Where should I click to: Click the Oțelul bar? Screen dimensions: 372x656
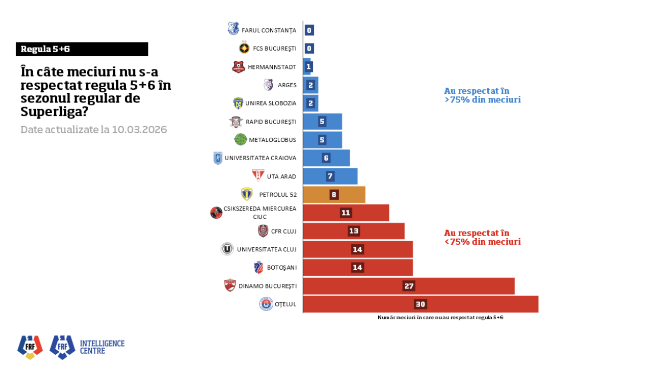pyautogui.click(x=420, y=304)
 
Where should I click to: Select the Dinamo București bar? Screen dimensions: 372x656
pyautogui.click(x=409, y=286)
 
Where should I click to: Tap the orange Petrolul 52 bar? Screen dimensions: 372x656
pyautogui.click(x=334, y=195)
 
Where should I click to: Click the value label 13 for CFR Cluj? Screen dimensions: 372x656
pyautogui.click(x=354, y=231)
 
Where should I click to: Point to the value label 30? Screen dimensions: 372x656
pyautogui.click(x=420, y=304)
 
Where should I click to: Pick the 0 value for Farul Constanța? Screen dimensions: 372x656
pyautogui.click(x=309, y=30)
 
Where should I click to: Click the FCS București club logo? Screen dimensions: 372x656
pyautogui.click(x=244, y=48)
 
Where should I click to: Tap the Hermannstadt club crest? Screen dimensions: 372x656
pyautogui.click(x=238, y=66)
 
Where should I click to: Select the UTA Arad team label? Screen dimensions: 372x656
pyautogui.click(x=281, y=176)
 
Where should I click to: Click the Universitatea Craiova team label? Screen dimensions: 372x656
pyautogui.click(x=260, y=158)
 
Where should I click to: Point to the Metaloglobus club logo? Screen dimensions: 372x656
pyautogui.click(x=240, y=139)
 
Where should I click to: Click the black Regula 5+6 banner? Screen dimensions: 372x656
pyautogui.click(x=82, y=49)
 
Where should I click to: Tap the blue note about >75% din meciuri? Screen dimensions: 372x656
pyautogui.click(x=482, y=95)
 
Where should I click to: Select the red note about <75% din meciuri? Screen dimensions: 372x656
pyautogui.click(x=482, y=237)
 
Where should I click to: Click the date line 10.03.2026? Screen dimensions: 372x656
pyautogui.click(x=94, y=130)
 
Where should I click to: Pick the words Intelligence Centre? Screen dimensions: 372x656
pyautogui.click(x=102, y=347)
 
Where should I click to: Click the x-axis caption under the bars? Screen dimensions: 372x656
pyautogui.click(x=440, y=317)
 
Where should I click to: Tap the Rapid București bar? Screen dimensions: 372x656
pyautogui.click(x=322, y=122)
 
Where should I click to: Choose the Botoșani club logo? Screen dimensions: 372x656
pyautogui.click(x=259, y=267)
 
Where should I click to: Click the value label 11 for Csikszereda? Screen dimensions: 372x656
pyautogui.click(x=346, y=213)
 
